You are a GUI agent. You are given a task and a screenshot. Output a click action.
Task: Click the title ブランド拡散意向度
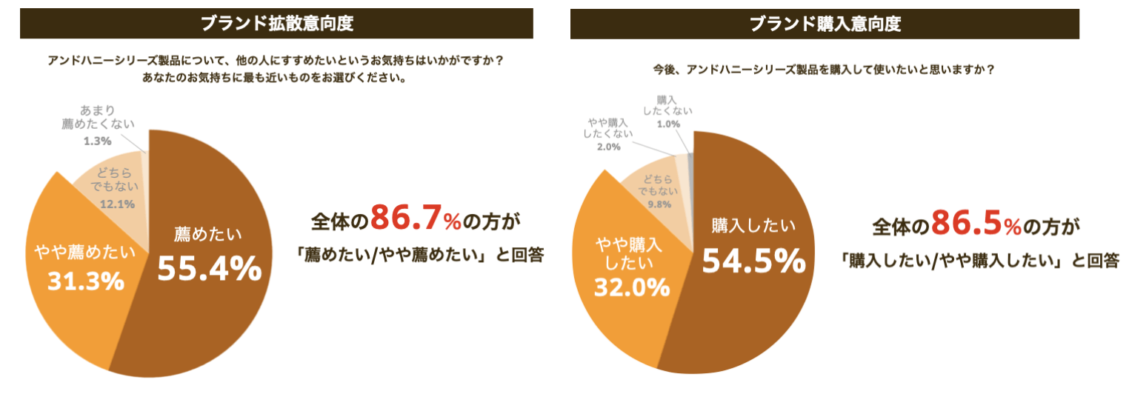(x=276, y=23)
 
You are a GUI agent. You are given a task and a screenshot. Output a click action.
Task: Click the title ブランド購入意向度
(x=825, y=23)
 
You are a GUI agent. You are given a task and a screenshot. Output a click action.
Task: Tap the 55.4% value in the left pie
(x=210, y=269)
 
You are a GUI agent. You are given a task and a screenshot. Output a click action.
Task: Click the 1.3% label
(x=96, y=140)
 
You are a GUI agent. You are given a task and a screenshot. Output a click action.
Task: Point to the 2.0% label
(x=607, y=147)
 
